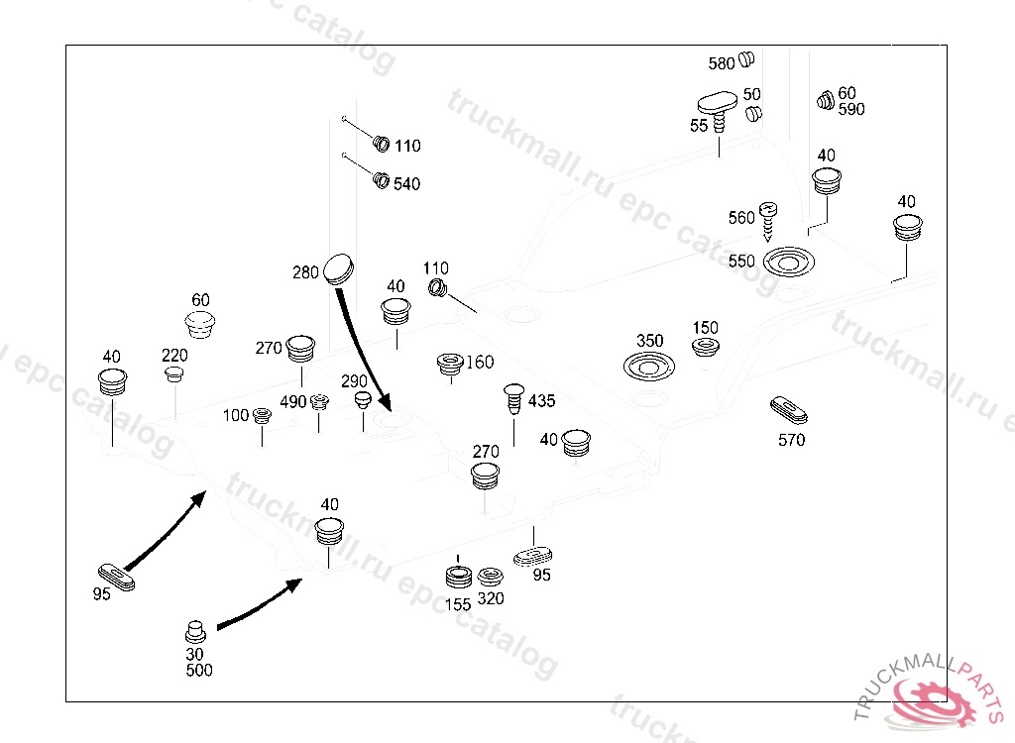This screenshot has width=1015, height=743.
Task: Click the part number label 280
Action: pos(306,272)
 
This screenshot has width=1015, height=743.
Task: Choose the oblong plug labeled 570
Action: pos(790,409)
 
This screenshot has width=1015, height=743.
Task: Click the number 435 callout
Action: pos(542,401)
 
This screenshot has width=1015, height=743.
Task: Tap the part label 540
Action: pos(406,184)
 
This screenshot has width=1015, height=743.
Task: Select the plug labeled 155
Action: pos(458,577)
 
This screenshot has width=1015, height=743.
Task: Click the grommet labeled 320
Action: pos(490,577)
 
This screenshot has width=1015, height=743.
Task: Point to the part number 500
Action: pos(198,671)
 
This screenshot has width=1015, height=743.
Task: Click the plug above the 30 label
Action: pos(195,630)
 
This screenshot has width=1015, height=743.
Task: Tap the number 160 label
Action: pos(479,363)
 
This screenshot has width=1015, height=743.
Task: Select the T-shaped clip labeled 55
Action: pos(717,105)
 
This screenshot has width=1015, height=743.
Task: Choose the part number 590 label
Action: pos(851,109)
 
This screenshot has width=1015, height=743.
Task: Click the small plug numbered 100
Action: pos(263,415)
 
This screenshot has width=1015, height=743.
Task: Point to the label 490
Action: pos(292,402)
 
